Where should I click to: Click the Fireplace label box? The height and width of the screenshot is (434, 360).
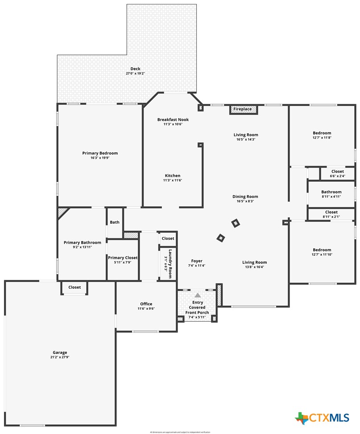tap(243, 109)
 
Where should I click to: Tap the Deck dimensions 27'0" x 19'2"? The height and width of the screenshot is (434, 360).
tap(135, 74)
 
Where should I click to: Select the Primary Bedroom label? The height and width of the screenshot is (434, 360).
tap(100, 153)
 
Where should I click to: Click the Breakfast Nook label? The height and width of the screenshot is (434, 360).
tap(173, 119)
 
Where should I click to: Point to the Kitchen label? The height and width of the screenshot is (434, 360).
tap(173, 176)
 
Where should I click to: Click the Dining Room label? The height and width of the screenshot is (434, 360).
tap(245, 197)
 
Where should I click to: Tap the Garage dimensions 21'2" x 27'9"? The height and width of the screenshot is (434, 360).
tap(60, 357)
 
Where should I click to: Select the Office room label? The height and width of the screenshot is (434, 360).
tap(146, 304)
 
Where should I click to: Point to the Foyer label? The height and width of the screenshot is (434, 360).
tap(197, 261)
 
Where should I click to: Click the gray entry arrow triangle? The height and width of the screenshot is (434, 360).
tap(198, 295)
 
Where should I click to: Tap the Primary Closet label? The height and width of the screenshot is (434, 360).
tap(123, 258)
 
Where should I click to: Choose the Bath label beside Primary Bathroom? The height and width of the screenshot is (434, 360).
tap(115, 222)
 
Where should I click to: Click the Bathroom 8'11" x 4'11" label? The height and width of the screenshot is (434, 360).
tap(331, 192)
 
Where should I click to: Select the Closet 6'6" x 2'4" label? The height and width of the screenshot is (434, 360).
tap(338, 171)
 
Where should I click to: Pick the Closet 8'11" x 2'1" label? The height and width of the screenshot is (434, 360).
tap(331, 212)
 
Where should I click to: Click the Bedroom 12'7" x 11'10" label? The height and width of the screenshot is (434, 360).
tap(322, 250)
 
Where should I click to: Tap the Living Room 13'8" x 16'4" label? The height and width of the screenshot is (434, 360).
tap(254, 262)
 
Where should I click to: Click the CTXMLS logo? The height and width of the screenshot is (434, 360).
tap(322, 418)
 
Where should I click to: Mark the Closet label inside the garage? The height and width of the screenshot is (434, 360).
tap(74, 287)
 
